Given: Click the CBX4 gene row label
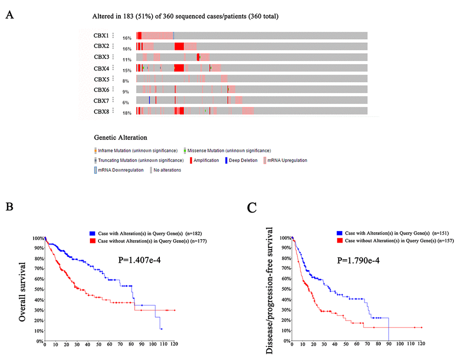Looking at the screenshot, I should pyautogui.click(x=101, y=69).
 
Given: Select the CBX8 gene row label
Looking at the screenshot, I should pyautogui.click(x=101, y=111).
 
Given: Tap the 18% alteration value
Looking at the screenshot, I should pyautogui.click(x=127, y=113).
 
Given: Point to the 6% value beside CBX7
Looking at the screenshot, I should pyautogui.click(x=126, y=103).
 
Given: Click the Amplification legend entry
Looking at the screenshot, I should pyautogui.click(x=206, y=160).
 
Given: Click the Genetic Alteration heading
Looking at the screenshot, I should pyautogui.click(x=120, y=137).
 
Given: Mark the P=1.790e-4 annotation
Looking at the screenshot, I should pyautogui.click(x=361, y=261).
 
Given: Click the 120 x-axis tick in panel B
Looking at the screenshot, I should pyautogui.click(x=174, y=345).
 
